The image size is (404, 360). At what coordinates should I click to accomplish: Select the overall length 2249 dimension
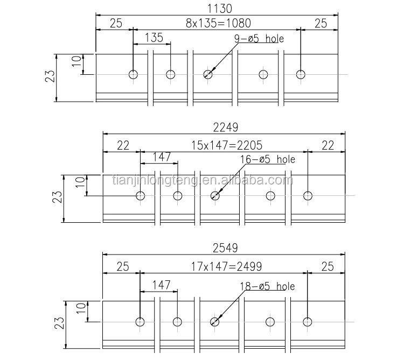[225, 127]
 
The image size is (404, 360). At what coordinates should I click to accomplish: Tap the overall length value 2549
[225, 249]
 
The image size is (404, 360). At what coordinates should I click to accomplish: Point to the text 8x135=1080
[218, 23]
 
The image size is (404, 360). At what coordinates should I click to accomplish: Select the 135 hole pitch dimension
[154, 38]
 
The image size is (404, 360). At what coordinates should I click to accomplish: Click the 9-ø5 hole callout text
[259, 39]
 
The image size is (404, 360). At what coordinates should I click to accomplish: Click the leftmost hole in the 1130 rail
[133, 74]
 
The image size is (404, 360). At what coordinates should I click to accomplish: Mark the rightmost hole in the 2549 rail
[308, 322]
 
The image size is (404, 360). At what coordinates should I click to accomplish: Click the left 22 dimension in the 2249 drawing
[123, 144]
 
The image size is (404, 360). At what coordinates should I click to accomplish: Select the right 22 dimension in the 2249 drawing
[327, 144]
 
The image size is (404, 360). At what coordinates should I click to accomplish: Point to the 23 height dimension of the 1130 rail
[50, 77]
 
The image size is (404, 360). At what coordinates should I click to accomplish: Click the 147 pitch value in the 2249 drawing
[161, 157]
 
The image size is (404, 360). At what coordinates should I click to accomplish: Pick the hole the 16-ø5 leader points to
[215, 195]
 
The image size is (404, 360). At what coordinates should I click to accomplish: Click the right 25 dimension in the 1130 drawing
[321, 23]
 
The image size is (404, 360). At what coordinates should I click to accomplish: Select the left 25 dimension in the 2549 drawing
[122, 266]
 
